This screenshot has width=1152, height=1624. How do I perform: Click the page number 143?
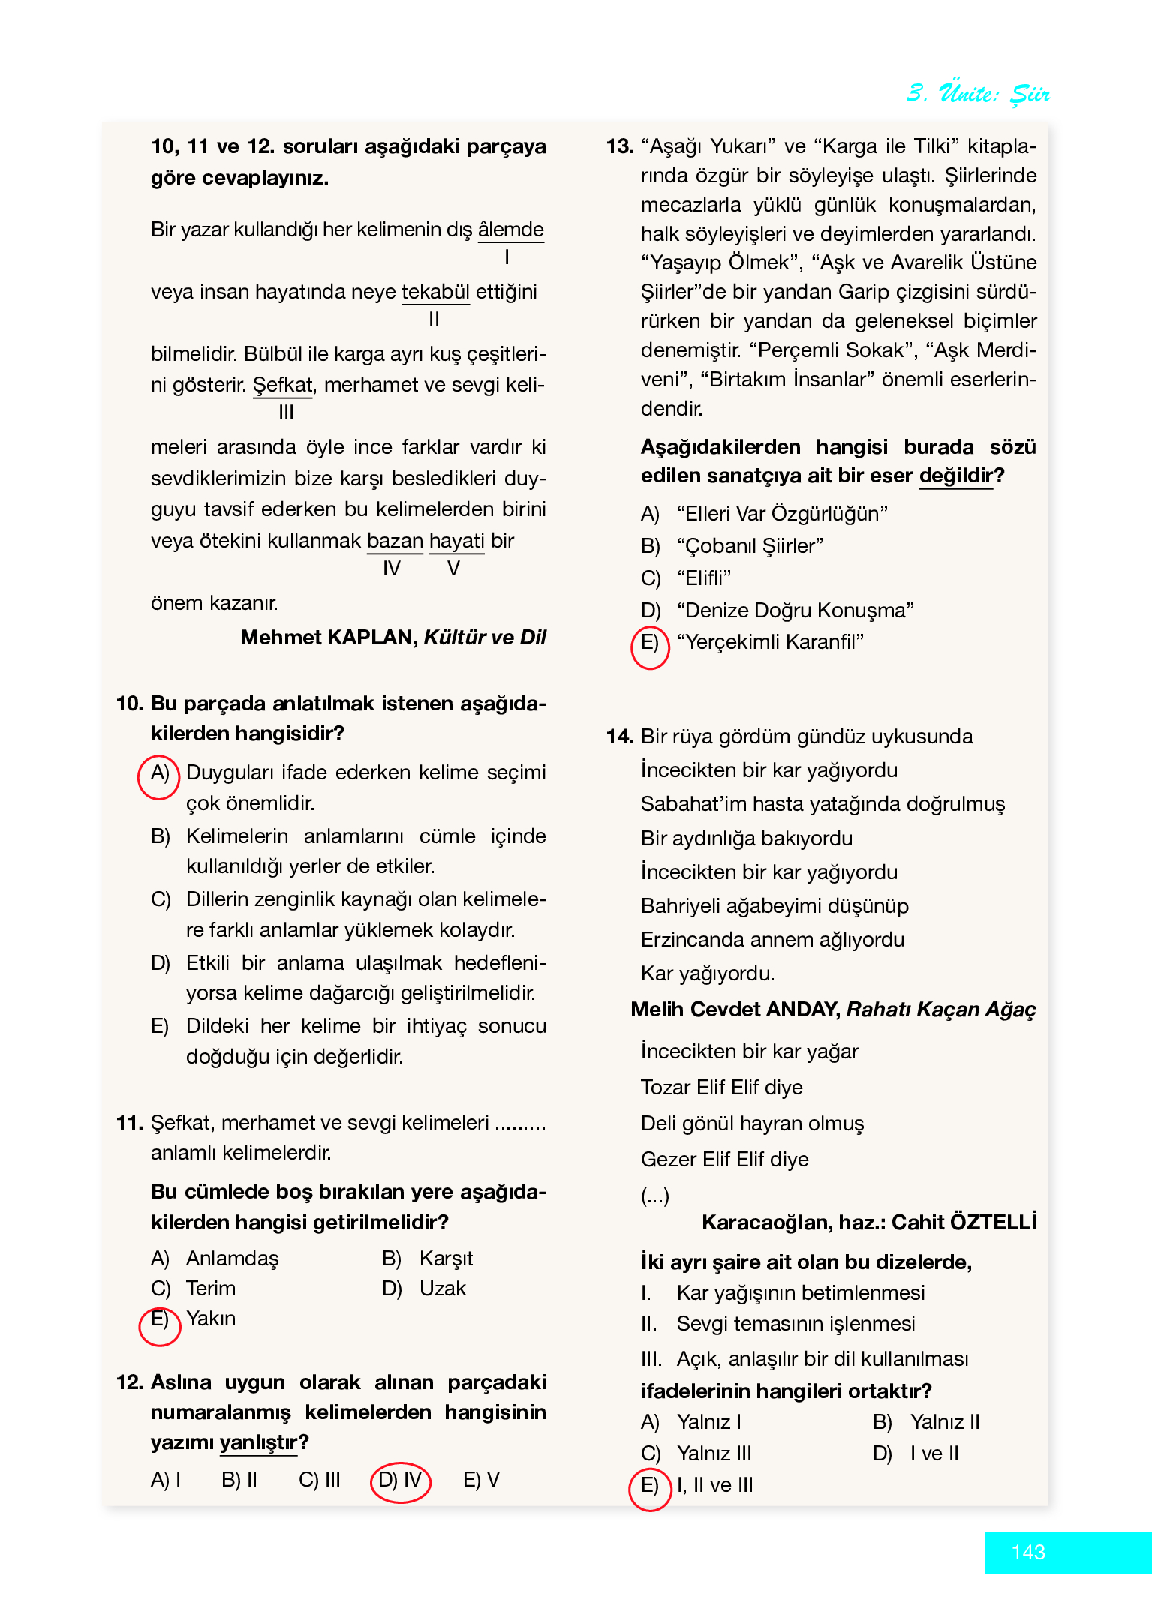[1027, 1552]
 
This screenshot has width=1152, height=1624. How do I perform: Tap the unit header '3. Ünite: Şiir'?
[977, 93]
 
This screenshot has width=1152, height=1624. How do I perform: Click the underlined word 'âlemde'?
[510, 230]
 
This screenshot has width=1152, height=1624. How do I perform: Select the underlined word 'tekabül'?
[435, 292]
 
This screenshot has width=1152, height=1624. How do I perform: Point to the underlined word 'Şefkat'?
[282, 385]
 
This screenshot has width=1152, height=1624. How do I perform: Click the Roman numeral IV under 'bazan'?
[392, 569]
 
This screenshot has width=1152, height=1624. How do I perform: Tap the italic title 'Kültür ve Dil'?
[485, 638]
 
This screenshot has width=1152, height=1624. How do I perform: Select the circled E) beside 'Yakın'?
[160, 1324]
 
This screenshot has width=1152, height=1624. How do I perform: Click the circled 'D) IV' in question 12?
[401, 1481]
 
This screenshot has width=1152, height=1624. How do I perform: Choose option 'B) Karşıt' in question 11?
[428, 1259]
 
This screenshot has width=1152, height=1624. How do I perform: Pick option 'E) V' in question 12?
[481, 1480]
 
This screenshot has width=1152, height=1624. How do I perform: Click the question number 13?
[620, 146]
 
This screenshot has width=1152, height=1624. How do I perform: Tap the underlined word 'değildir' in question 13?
[956, 476]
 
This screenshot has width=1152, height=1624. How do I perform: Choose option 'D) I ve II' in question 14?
[916, 1454]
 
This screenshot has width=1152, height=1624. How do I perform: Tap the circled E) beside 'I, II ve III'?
[649, 1488]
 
